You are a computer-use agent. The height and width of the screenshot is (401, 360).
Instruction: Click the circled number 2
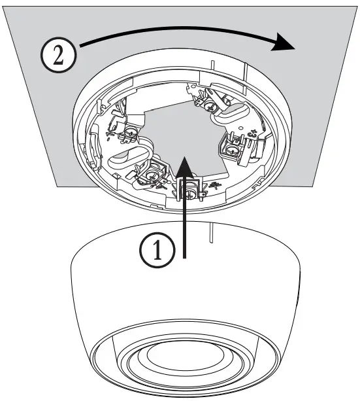(x=57, y=55)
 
